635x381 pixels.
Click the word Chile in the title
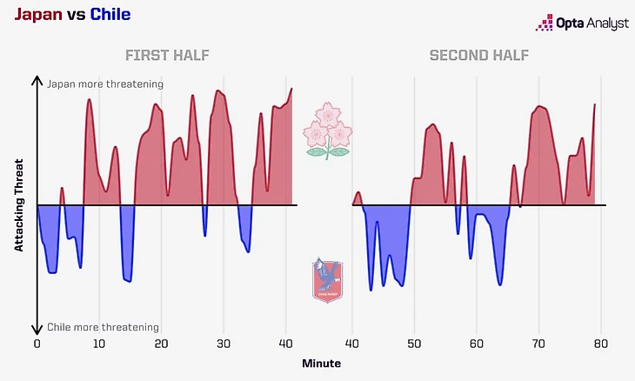(x=110, y=16)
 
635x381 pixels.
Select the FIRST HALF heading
(x=167, y=57)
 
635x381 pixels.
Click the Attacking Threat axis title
(x=18, y=206)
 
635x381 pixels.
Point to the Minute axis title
(x=322, y=363)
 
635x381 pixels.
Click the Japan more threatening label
(x=106, y=84)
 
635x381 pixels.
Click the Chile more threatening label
(x=104, y=327)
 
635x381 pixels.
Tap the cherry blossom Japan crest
(x=328, y=130)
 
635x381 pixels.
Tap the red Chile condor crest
(x=327, y=279)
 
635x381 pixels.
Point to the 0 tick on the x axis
(x=37, y=344)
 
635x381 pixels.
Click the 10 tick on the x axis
(x=99, y=344)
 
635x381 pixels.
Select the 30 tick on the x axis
(x=224, y=344)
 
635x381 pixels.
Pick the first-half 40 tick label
(x=286, y=344)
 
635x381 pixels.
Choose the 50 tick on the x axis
(x=414, y=344)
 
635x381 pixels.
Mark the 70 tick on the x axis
(x=538, y=344)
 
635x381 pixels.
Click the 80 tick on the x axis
(x=600, y=344)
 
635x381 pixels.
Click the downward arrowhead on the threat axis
(x=37, y=330)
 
